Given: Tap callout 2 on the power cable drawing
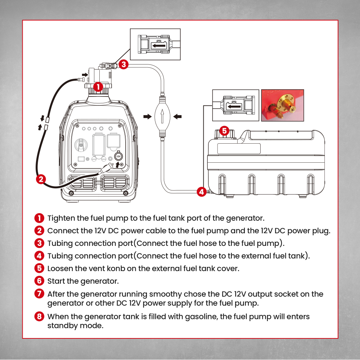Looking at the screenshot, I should (x=42, y=179).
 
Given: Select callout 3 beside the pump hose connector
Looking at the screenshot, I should (x=123, y=64).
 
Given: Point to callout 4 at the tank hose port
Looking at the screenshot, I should (x=202, y=192).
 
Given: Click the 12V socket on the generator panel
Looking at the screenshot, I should (x=118, y=156).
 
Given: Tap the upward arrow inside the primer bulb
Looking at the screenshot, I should (x=162, y=117).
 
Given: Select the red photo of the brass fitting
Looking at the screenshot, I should (x=282, y=105).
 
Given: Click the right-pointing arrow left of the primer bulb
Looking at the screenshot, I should (x=147, y=117).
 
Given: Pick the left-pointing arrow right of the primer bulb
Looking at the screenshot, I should (x=177, y=117).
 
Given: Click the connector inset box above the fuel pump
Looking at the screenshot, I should (x=155, y=44).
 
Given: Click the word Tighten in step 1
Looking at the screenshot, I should (x=61, y=218).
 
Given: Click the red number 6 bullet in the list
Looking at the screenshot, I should (x=39, y=281).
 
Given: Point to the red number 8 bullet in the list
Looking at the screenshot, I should (x=39, y=317).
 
